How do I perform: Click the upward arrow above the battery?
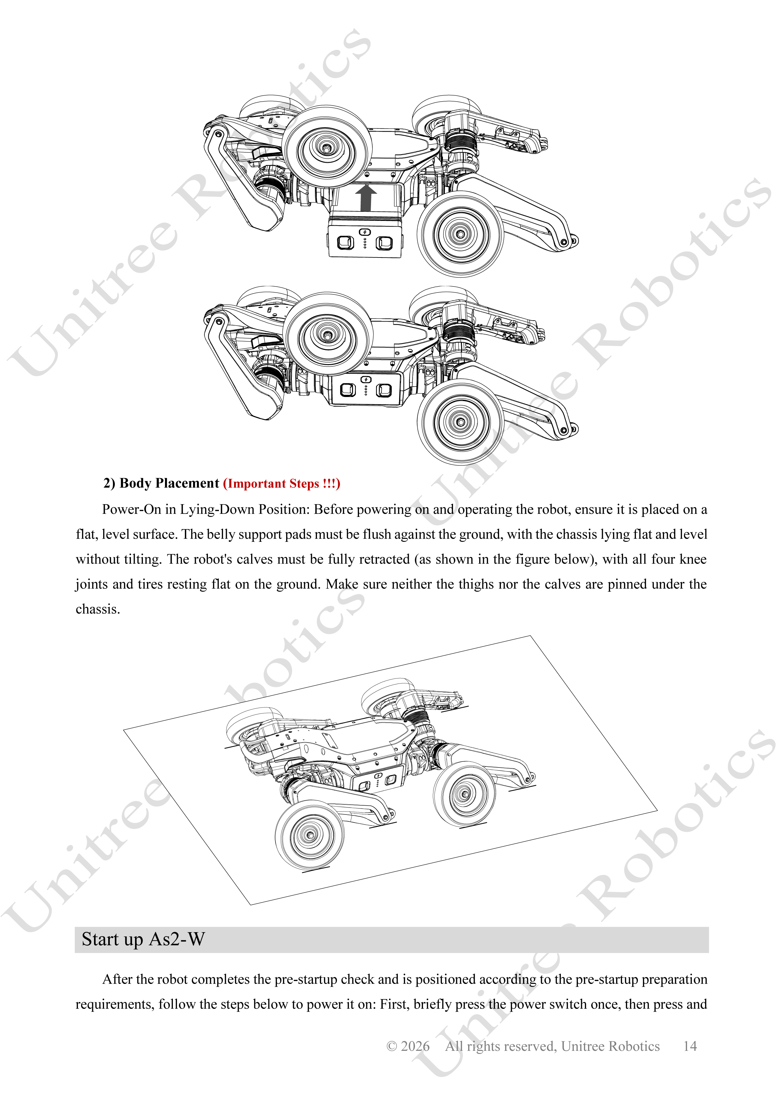tap(366, 198)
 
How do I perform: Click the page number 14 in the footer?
tap(690, 1046)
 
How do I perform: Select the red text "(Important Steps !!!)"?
tap(282, 483)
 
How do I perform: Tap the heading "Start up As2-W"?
tap(143, 939)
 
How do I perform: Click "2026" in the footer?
tap(415, 1046)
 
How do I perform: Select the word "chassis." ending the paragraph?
tap(98, 609)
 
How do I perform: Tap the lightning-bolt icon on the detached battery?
tap(365, 232)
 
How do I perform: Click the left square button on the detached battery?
tap(345, 243)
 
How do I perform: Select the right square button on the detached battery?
tap(384, 243)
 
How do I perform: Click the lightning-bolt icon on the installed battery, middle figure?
tap(366, 379)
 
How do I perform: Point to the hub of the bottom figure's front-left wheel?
tap(309, 835)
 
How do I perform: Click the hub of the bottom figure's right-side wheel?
tap(465, 794)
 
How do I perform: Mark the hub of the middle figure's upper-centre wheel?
tap(327, 335)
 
